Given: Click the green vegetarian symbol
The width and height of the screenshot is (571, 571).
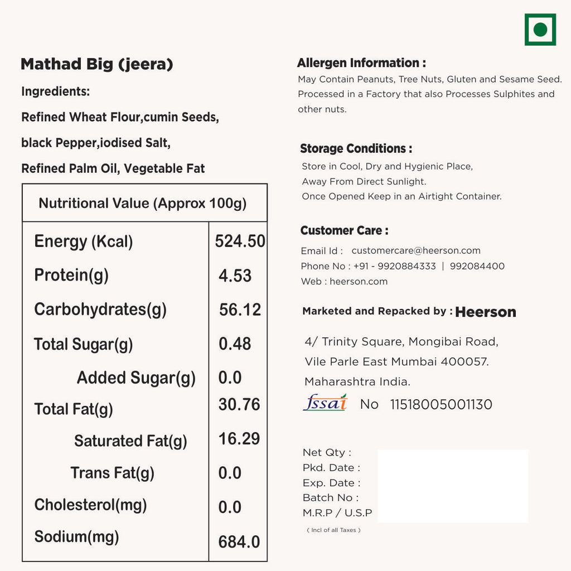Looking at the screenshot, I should coord(540,30).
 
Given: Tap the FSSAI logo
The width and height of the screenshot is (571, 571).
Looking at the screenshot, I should coord(325,403).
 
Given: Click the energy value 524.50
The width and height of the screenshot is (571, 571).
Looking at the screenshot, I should coord(240,241).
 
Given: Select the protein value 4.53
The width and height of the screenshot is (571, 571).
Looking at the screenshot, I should coord(235,275).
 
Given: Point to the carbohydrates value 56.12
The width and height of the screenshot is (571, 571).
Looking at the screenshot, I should coord(240,309).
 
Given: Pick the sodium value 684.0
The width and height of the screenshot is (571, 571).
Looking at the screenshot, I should coord(239,541).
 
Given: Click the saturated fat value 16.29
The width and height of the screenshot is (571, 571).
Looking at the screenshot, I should coord(239,439).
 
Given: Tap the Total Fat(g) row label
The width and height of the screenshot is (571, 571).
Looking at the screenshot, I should coord(74,409).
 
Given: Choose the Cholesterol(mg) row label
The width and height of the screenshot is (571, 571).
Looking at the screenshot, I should coord(90,505).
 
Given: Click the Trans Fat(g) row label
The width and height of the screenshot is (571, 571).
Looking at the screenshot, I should coord(112,473).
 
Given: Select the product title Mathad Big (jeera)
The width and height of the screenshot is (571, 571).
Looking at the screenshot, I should coord(96,64).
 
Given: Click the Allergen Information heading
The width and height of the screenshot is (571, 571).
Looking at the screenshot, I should coord(361,63).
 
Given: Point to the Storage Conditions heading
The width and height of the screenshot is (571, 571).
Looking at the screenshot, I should coord(356,148).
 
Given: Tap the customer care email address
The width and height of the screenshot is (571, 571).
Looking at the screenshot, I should coord(416,251).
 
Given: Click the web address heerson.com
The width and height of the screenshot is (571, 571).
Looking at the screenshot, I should coord(359,282).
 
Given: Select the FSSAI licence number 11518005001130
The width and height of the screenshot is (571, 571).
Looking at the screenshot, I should coord(441,404).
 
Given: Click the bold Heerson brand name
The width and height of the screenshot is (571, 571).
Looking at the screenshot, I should coord(486,312).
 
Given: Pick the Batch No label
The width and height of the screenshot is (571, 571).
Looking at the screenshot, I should coord(331,497).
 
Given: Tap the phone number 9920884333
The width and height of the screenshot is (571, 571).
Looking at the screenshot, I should coord(407,267).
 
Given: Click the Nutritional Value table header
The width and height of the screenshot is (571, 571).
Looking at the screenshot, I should coord(143,203).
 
